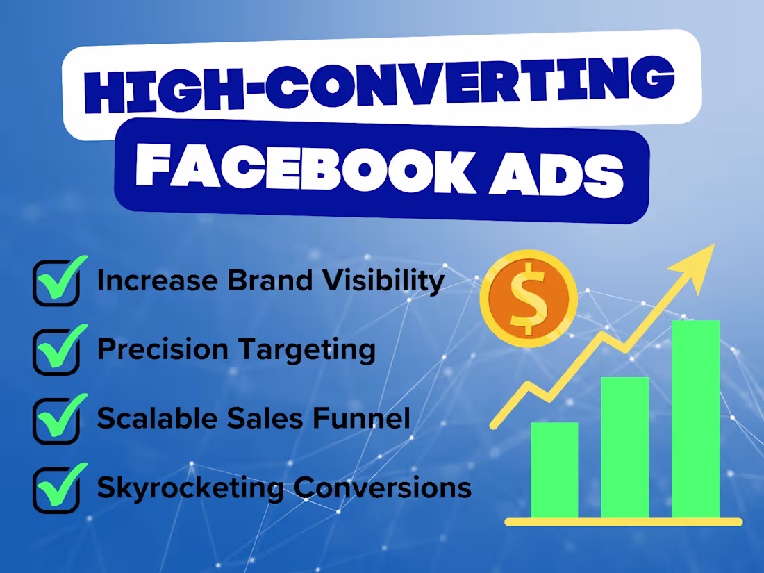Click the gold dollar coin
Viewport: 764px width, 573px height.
tap(529, 299)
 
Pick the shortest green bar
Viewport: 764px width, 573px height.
tap(554, 470)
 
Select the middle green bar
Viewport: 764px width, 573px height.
tap(625, 448)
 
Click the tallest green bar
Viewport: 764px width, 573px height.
tap(696, 419)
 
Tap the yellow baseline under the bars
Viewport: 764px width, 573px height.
tap(623, 522)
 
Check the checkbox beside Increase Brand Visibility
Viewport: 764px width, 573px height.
tap(56, 283)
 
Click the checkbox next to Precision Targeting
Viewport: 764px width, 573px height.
tap(56, 351)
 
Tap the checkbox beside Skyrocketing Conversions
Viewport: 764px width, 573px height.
tap(56, 490)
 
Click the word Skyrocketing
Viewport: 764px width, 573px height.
tap(190, 488)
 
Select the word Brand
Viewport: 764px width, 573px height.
tap(260, 281)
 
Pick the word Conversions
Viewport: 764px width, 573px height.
tap(383, 488)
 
